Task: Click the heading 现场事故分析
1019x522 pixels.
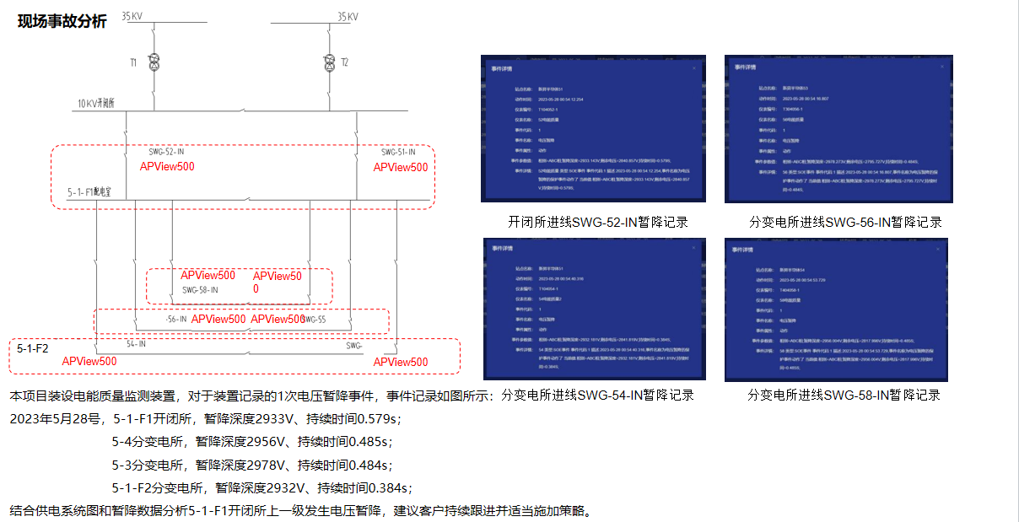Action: pyautogui.click(x=62, y=22)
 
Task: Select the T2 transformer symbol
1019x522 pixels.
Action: pyautogui.click(x=330, y=63)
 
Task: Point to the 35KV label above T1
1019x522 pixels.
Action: pyautogui.click(x=132, y=16)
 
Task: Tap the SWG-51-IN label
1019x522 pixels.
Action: pyautogui.click(x=399, y=153)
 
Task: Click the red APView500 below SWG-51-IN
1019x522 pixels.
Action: pyautogui.click(x=401, y=167)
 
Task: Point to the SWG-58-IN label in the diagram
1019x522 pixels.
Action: pyautogui.click(x=200, y=289)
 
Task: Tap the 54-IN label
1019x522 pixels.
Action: pyautogui.click(x=136, y=344)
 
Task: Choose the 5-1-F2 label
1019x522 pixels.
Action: pyautogui.click(x=33, y=347)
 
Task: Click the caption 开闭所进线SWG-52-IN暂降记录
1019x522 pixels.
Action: pyautogui.click(x=597, y=223)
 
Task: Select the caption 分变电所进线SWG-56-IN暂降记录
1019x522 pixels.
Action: pyautogui.click(x=845, y=223)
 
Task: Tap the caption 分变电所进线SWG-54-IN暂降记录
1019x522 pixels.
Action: pyautogui.click(x=597, y=395)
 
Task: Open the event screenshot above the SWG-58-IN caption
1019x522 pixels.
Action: pyautogui.click(x=836, y=309)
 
